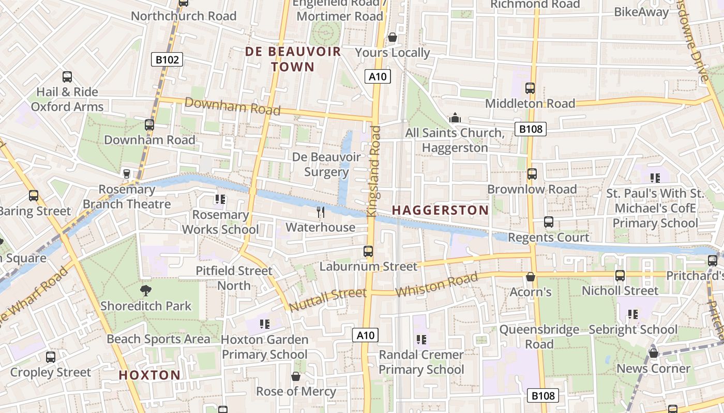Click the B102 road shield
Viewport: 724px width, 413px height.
click(x=168, y=60)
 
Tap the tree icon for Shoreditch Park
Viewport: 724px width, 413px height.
click(x=146, y=290)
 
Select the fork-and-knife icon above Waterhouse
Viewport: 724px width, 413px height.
click(x=321, y=212)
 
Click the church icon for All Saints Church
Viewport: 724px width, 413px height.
click(x=455, y=118)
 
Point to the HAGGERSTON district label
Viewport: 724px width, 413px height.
click(x=440, y=210)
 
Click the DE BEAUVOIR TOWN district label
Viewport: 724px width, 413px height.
click(x=293, y=59)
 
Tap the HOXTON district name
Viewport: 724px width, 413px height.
click(x=149, y=375)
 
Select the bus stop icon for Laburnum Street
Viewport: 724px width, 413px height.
click(x=368, y=251)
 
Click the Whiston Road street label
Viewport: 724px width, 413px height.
click(x=436, y=285)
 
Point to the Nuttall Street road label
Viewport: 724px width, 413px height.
click(x=327, y=300)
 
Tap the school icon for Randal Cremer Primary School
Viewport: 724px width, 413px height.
click(x=421, y=339)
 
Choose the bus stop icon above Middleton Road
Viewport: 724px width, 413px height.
click(x=530, y=88)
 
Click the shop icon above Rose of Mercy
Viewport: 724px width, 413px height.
click(x=296, y=376)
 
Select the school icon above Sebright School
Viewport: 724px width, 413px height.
click(x=632, y=314)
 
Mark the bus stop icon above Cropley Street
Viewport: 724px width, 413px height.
click(x=51, y=357)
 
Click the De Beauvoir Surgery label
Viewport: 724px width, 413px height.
click(x=326, y=164)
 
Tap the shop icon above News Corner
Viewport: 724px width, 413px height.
click(x=653, y=353)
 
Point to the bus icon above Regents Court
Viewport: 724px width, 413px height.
click(x=549, y=222)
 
